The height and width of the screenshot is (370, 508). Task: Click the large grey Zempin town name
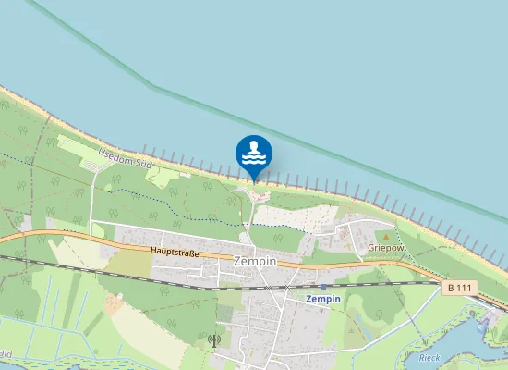[256, 262]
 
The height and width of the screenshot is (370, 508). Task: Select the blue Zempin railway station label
[323, 300]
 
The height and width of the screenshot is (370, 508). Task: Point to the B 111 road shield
[459, 289]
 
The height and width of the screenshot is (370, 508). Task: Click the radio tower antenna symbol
[216, 339]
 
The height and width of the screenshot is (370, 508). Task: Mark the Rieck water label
[429, 356]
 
